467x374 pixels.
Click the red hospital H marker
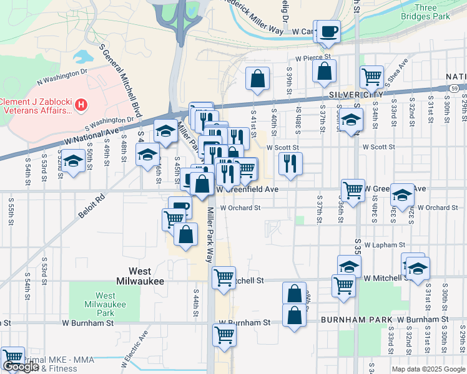(x=80, y=107)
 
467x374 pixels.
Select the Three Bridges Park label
(x=426, y=12)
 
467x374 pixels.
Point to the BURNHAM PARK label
(x=347, y=320)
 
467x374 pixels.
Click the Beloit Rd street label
(x=92, y=205)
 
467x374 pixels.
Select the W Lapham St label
(x=385, y=245)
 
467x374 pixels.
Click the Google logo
(x=21, y=367)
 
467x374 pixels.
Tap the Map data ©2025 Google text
(x=428, y=369)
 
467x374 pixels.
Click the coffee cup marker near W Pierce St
(x=328, y=31)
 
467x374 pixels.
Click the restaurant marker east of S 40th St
(x=290, y=163)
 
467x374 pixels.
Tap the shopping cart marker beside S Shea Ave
(x=371, y=77)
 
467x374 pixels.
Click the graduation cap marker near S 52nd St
(x=73, y=160)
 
